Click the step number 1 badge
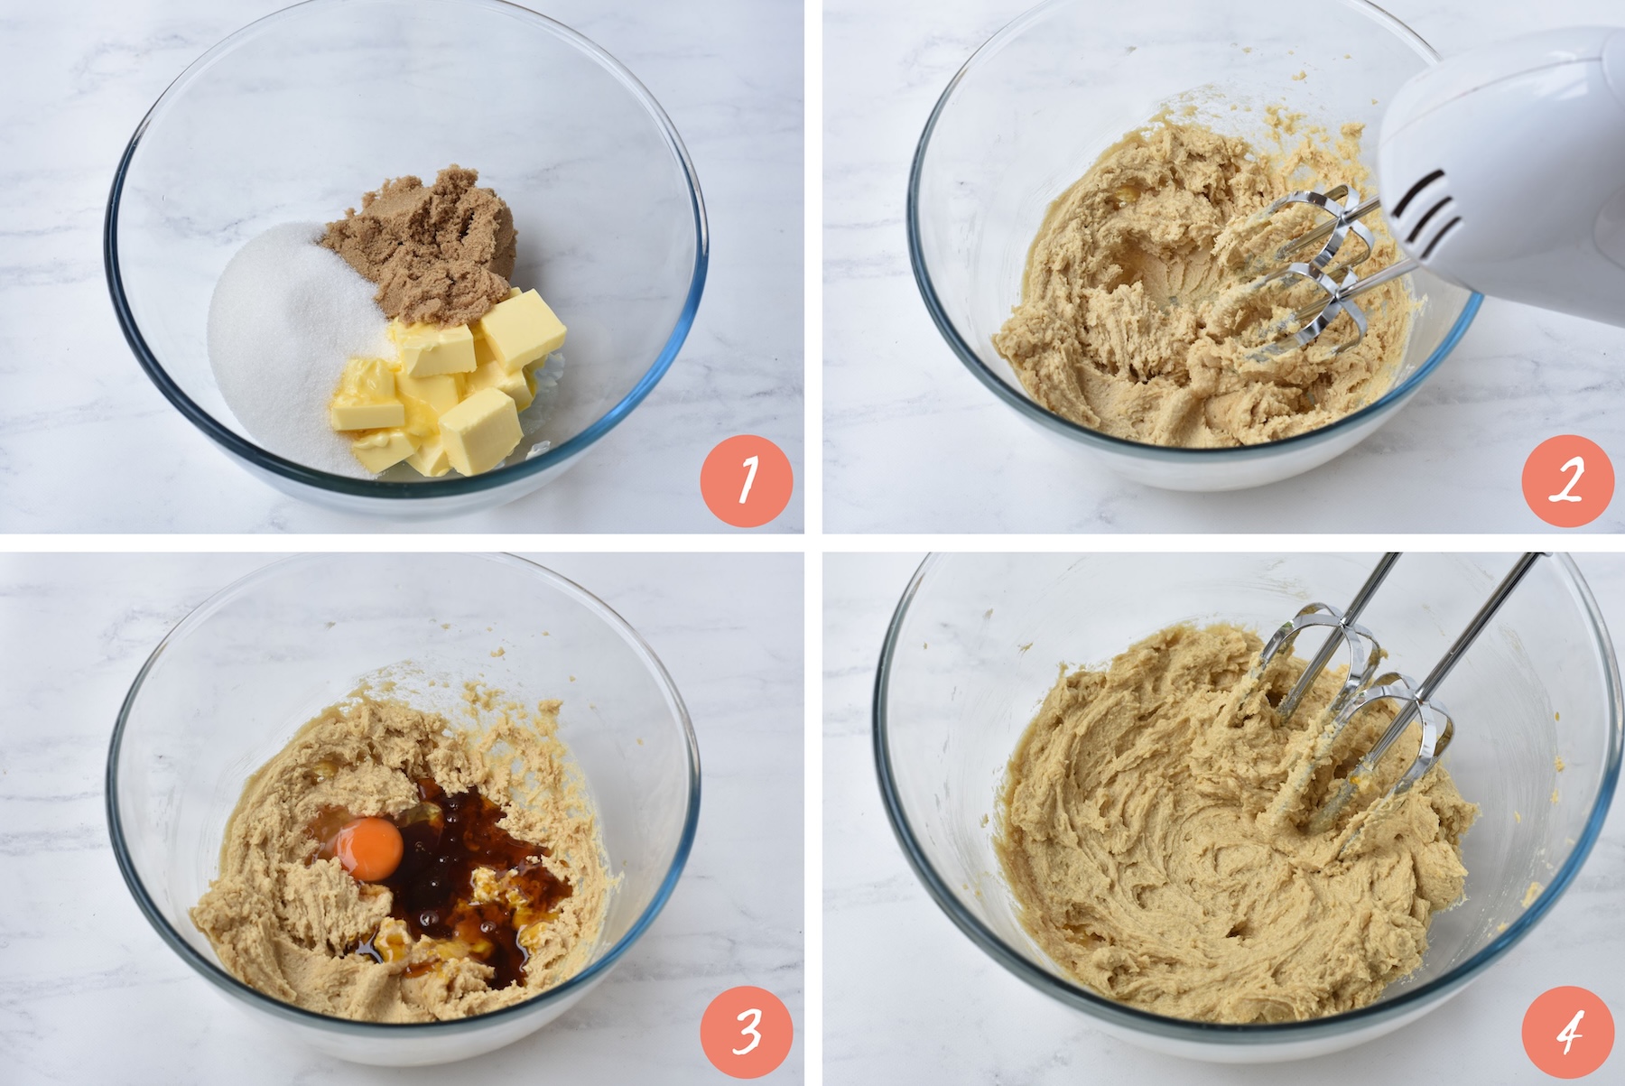point(747,480)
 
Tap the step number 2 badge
point(1568,480)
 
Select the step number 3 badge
point(747,1031)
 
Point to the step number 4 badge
point(1568,1031)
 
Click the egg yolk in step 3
point(367,848)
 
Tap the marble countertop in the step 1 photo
point(54,271)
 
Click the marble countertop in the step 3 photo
point(54,812)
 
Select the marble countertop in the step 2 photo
point(867,271)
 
